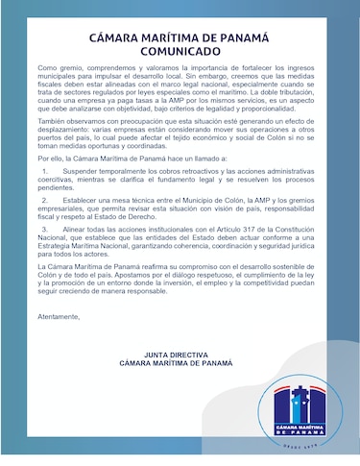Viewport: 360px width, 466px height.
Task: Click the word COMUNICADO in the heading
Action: pos(180,54)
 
